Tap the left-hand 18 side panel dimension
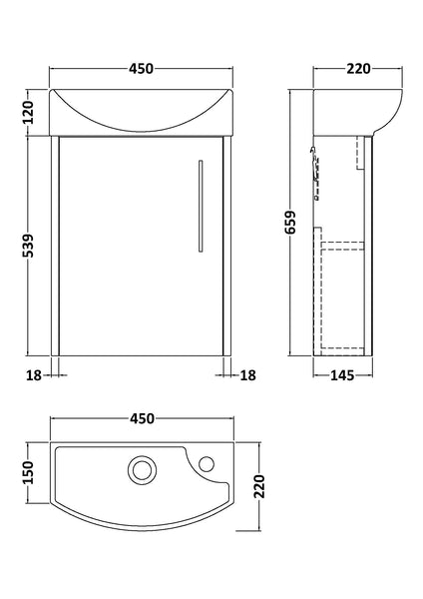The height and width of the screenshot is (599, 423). [33, 375]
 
